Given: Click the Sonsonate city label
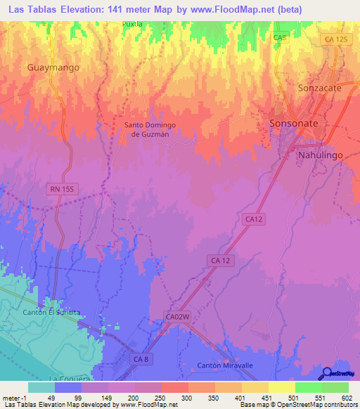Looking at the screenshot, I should (295, 123).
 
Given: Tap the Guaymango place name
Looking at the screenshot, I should (53, 67).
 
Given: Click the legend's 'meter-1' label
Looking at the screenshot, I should (13, 397).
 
